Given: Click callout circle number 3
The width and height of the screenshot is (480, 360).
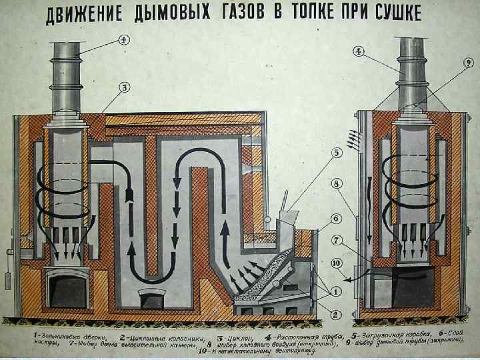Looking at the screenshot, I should point(124,87).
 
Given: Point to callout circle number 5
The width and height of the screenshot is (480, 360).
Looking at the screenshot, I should point(337,152).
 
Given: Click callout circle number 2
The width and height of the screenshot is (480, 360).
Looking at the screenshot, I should point(337,314).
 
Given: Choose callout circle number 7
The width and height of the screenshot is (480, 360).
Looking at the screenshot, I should point(337,239).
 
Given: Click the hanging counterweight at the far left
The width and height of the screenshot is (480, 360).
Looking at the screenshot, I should point(9,279).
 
